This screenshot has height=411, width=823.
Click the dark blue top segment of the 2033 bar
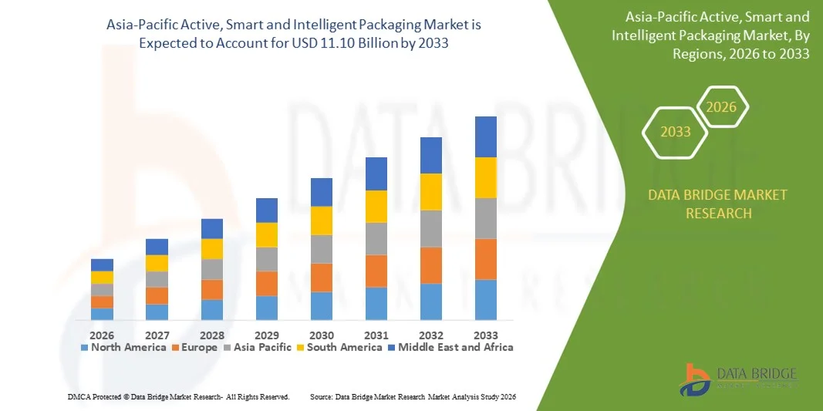coord(485,136)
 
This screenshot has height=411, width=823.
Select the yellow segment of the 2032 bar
coord(430,191)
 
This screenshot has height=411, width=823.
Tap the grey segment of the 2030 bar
coord(322,249)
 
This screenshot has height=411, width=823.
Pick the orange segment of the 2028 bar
coord(212,289)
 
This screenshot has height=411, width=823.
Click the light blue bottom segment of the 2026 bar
coord(102,314)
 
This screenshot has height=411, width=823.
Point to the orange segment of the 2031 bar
coord(376,271)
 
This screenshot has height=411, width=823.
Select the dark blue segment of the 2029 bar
coord(267,210)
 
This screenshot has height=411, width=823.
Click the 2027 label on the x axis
coord(157,335)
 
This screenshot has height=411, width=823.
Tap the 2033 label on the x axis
coord(485,335)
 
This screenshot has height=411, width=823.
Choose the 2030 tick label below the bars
coord(322,335)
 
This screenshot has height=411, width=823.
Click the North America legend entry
coord(123,348)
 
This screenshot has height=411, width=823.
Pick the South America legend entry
coord(339,348)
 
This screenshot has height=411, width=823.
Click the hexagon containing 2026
coord(722,107)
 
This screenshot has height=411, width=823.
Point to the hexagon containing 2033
coord(675,132)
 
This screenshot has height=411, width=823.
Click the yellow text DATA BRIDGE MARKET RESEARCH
coord(718,204)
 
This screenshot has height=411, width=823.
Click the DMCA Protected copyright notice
coord(178,396)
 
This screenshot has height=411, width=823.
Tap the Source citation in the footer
coord(412,396)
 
